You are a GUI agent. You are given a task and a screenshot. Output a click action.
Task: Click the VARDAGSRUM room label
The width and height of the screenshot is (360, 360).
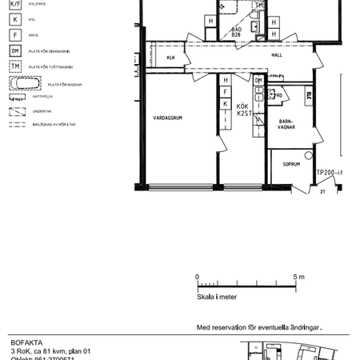click(x=168, y=118)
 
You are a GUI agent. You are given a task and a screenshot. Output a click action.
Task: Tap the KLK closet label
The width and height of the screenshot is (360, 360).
click(x=171, y=58)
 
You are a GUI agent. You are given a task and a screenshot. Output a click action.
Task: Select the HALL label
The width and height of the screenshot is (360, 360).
click(x=277, y=56)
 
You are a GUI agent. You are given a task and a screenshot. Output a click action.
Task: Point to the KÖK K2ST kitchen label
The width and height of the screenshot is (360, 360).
click(x=244, y=111)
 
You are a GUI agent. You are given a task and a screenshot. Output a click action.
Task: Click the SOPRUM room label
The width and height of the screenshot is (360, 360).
click(x=290, y=164)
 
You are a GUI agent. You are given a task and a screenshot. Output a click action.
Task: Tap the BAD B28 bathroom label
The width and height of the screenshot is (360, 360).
click(x=236, y=33)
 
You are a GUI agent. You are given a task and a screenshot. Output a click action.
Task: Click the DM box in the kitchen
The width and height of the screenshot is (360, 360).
click(x=258, y=81)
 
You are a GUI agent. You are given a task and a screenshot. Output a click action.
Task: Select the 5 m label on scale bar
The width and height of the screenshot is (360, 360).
click(x=299, y=277)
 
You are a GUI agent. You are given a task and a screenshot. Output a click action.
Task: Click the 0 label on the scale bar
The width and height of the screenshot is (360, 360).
click(x=198, y=277)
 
